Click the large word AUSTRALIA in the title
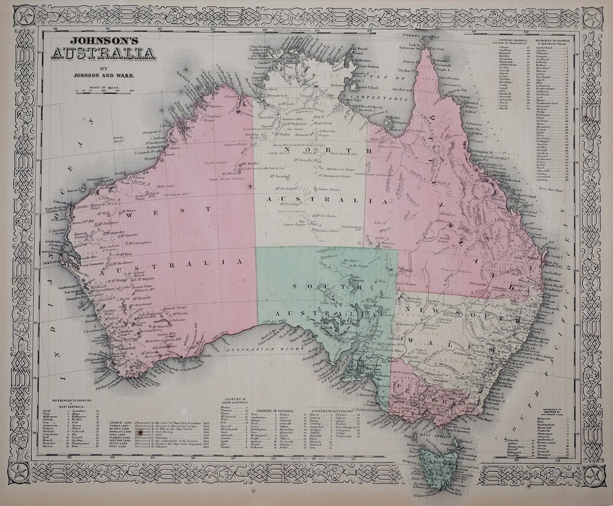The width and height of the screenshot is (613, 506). coord(102,54)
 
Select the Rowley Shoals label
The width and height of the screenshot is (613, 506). coord(119,139)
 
